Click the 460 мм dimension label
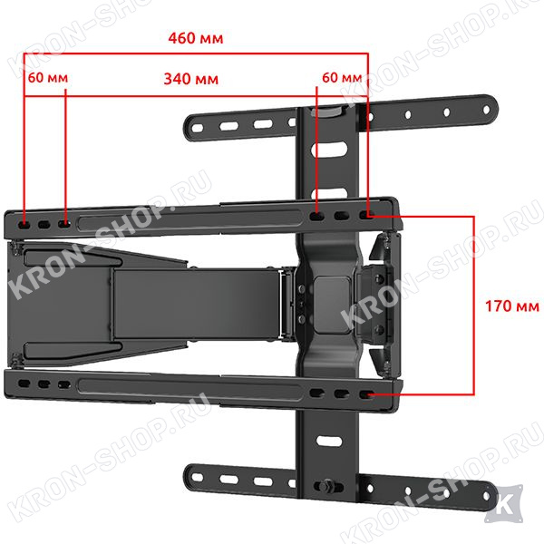click(196, 38)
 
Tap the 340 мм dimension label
click(191, 79)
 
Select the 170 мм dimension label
click(512, 306)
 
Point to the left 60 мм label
click(48, 78)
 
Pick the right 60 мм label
click(342, 78)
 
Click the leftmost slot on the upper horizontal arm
click(24, 225)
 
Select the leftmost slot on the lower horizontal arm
click(24, 384)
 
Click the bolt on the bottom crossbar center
click(327, 486)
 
